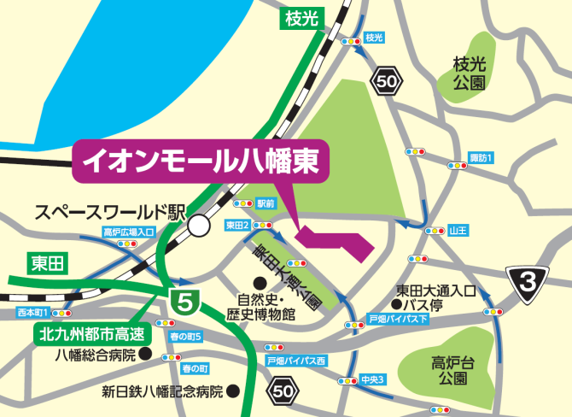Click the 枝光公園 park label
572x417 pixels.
[469, 75]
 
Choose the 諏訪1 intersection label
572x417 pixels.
[482, 158]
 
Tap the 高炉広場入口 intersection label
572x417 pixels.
[129, 232]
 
